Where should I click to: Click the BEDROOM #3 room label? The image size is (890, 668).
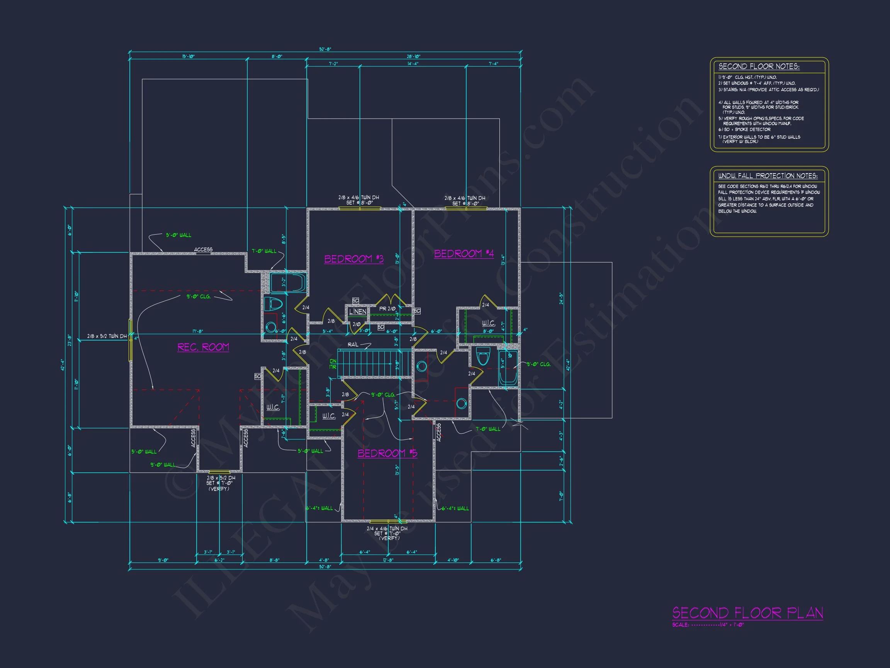(354, 259)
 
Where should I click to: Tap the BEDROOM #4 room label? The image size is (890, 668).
(464, 253)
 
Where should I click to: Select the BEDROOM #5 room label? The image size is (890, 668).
(387, 453)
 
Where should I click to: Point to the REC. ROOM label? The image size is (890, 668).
(203, 347)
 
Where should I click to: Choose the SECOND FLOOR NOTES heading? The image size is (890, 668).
(759, 66)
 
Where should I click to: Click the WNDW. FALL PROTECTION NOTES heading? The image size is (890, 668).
(768, 176)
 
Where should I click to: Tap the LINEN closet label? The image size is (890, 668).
(357, 312)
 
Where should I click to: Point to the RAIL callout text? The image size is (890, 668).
(353, 345)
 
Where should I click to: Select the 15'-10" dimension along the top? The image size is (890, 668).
(188, 56)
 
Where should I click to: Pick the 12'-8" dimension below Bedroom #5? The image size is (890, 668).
(388, 560)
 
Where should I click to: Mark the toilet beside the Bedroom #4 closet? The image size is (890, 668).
(483, 356)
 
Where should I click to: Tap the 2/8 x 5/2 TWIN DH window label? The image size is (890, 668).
(107, 336)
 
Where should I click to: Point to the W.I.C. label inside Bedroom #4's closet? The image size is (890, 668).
(488, 323)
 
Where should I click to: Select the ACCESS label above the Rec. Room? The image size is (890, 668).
(203, 250)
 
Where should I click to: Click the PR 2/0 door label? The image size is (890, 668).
(387, 309)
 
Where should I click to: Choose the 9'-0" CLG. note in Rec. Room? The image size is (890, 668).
(199, 297)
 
